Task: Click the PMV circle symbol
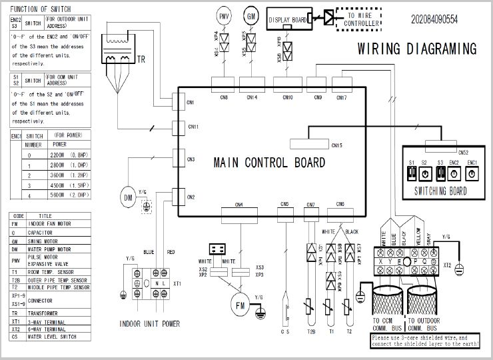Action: tap(225, 15)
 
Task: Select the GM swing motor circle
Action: tap(251, 15)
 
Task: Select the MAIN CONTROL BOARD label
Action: tap(269, 163)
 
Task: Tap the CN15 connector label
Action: tap(336, 145)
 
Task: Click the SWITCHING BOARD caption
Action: tap(440, 191)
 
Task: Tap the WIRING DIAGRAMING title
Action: tap(416, 49)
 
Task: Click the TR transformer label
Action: tap(141, 59)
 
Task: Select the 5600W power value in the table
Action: tap(59, 195)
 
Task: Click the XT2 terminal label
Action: tap(448, 265)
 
